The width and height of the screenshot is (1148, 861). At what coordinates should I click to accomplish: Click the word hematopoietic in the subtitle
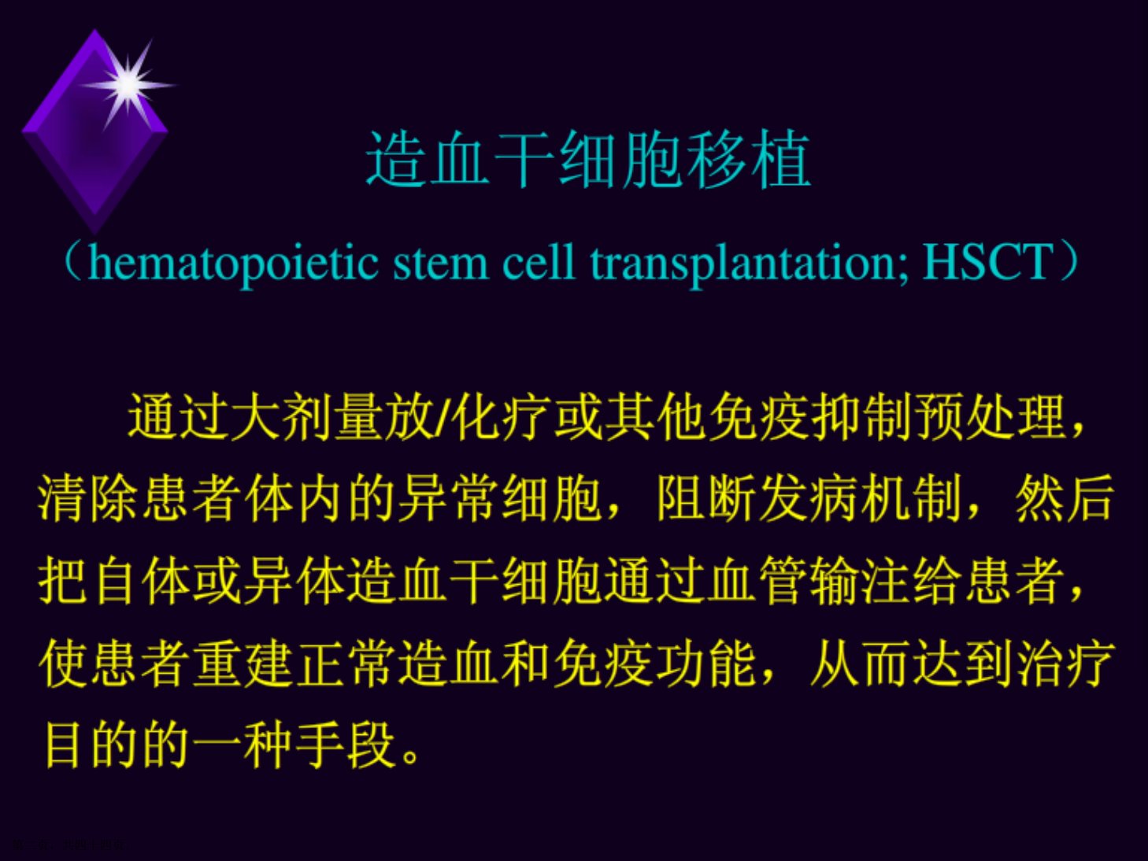[233, 263]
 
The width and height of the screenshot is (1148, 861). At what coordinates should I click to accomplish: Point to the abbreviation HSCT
[988, 262]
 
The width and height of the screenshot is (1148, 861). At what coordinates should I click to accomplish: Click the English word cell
[539, 262]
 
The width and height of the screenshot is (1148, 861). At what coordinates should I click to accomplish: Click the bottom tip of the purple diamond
[94, 235]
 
